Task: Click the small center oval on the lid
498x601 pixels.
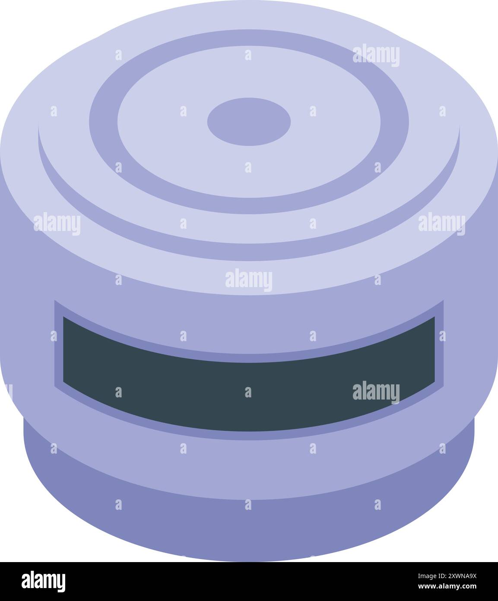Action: click(x=249, y=121)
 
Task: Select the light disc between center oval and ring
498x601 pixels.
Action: click(x=173, y=130)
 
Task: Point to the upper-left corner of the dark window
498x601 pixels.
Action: click(x=64, y=318)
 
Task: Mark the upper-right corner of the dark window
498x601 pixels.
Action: click(x=434, y=318)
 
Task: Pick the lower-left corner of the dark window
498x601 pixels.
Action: click(x=64, y=382)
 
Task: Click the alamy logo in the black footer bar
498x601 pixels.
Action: click(x=44, y=582)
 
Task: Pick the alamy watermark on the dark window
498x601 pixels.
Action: click(x=376, y=392)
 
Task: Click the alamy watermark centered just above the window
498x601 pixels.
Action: click(x=249, y=280)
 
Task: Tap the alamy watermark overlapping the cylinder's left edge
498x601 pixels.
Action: click(x=57, y=224)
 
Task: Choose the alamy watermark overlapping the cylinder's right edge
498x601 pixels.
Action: click(x=441, y=224)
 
